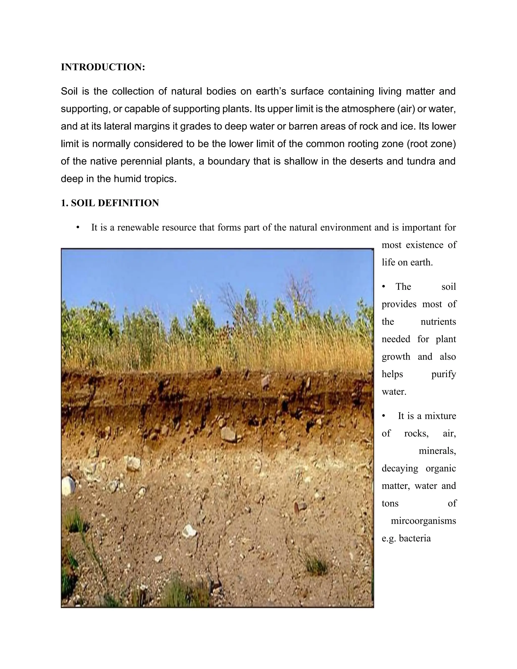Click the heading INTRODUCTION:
(103, 67)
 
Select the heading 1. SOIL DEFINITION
(110, 203)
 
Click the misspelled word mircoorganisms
(423, 521)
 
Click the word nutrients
(438, 322)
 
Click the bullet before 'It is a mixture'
(383, 416)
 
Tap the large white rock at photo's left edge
(68, 485)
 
